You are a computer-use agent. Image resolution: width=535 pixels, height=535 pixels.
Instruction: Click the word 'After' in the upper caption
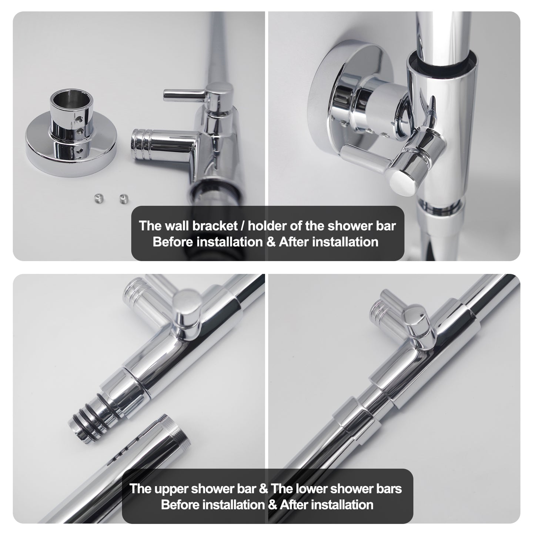pos(294,242)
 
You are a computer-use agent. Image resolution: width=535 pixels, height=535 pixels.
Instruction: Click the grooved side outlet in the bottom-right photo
pos(379,314)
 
